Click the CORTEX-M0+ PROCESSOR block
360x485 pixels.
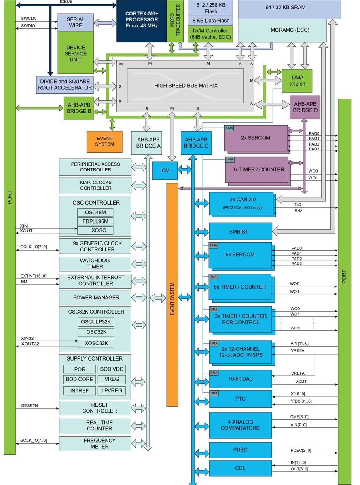tap(142, 20)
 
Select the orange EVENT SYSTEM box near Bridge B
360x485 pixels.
tap(104, 141)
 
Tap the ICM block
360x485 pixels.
tap(165, 170)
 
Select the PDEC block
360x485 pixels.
tap(240, 449)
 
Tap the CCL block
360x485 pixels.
tap(240, 468)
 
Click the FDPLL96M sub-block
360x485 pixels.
tap(95, 221)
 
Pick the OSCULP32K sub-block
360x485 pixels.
tap(96, 322)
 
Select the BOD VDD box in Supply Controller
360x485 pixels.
tap(112, 369)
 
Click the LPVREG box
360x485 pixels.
tap(112, 390)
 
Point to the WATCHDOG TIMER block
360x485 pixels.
tap(95, 264)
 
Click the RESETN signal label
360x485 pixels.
tap(30, 405)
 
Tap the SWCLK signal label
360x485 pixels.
tap(29, 19)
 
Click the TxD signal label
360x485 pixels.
tap(298, 205)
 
